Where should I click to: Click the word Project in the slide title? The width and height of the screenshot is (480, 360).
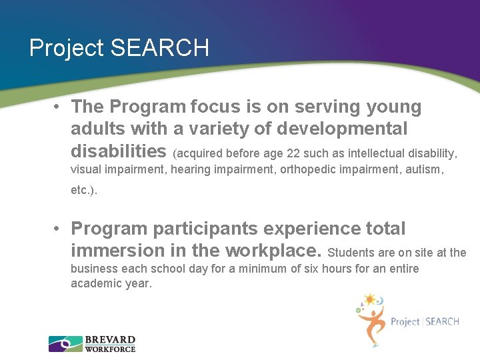(67, 49)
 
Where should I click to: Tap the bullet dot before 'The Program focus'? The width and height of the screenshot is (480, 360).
(59, 107)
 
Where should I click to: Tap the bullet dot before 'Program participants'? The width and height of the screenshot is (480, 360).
(59, 229)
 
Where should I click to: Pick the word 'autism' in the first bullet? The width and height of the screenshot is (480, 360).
(423, 169)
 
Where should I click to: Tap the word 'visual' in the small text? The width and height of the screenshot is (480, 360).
(85, 169)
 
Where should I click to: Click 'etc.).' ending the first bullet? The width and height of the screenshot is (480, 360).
(84, 190)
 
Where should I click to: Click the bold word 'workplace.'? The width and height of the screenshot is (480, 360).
(274, 251)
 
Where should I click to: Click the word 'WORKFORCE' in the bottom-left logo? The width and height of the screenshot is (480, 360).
(110, 349)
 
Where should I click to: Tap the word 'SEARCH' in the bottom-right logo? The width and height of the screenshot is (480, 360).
(442, 322)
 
